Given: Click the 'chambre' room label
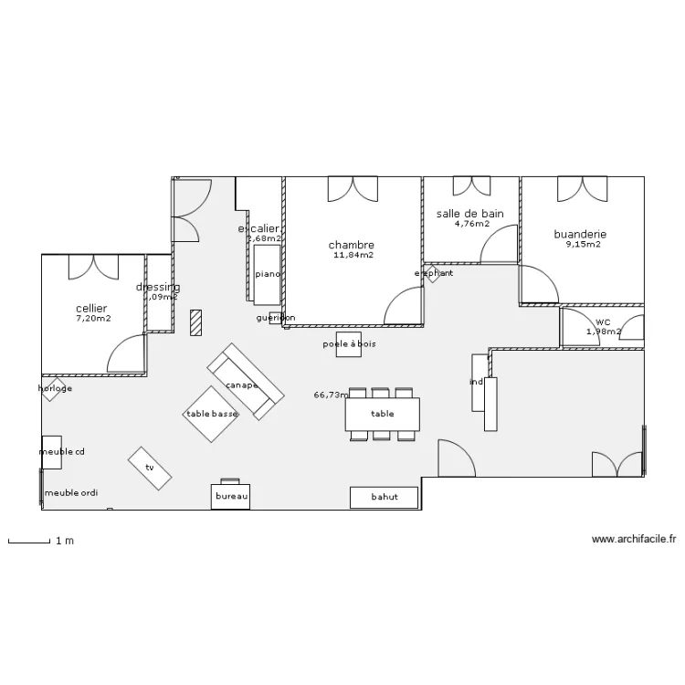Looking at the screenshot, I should [x=352, y=245].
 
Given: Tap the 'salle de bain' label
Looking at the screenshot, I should [x=470, y=213].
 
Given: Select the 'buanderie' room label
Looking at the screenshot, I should [x=580, y=234].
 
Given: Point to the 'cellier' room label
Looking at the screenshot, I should [x=91, y=309].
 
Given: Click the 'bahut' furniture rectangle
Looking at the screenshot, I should [x=385, y=498].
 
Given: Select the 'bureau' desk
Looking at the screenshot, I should [x=232, y=496].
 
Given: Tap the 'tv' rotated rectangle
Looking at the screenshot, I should [x=149, y=467].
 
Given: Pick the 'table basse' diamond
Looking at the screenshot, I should [x=211, y=414].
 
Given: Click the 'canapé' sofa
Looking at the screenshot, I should [x=244, y=381].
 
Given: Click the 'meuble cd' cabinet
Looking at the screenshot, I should [x=52, y=452].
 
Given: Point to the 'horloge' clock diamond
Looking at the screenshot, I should [x=54, y=389].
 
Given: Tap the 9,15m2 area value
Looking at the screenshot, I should [x=583, y=245].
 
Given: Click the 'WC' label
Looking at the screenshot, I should [x=603, y=321].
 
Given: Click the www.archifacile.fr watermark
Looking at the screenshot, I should [x=634, y=540].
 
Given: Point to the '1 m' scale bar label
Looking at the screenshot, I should [x=64, y=541].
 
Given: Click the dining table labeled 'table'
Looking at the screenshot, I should [x=383, y=414].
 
